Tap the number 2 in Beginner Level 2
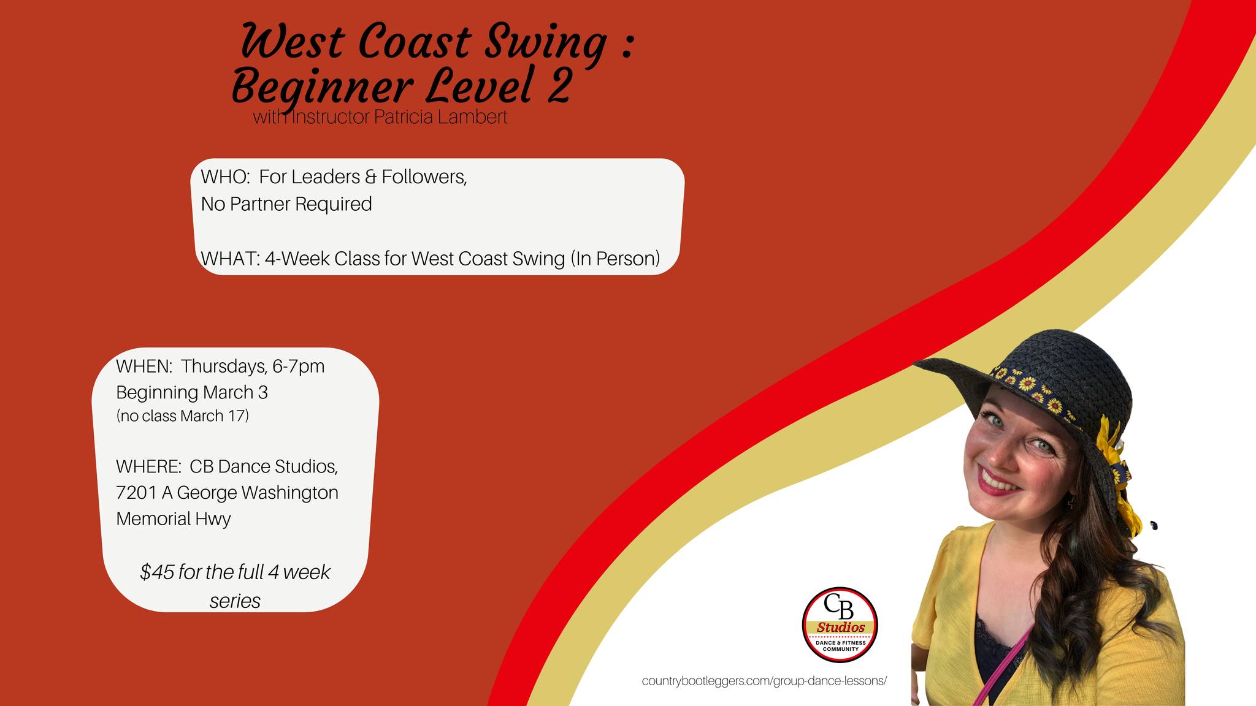pos(559,86)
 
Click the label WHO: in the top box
pos(225,176)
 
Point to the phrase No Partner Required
pos(286,204)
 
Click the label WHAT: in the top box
pos(231,259)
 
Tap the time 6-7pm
pos(299,366)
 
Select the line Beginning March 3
pos(192,392)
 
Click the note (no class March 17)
pos(183,416)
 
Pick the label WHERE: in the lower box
pos(148,466)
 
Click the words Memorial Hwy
pos(174,519)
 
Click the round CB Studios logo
pos(840,624)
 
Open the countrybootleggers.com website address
pos(764,681)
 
